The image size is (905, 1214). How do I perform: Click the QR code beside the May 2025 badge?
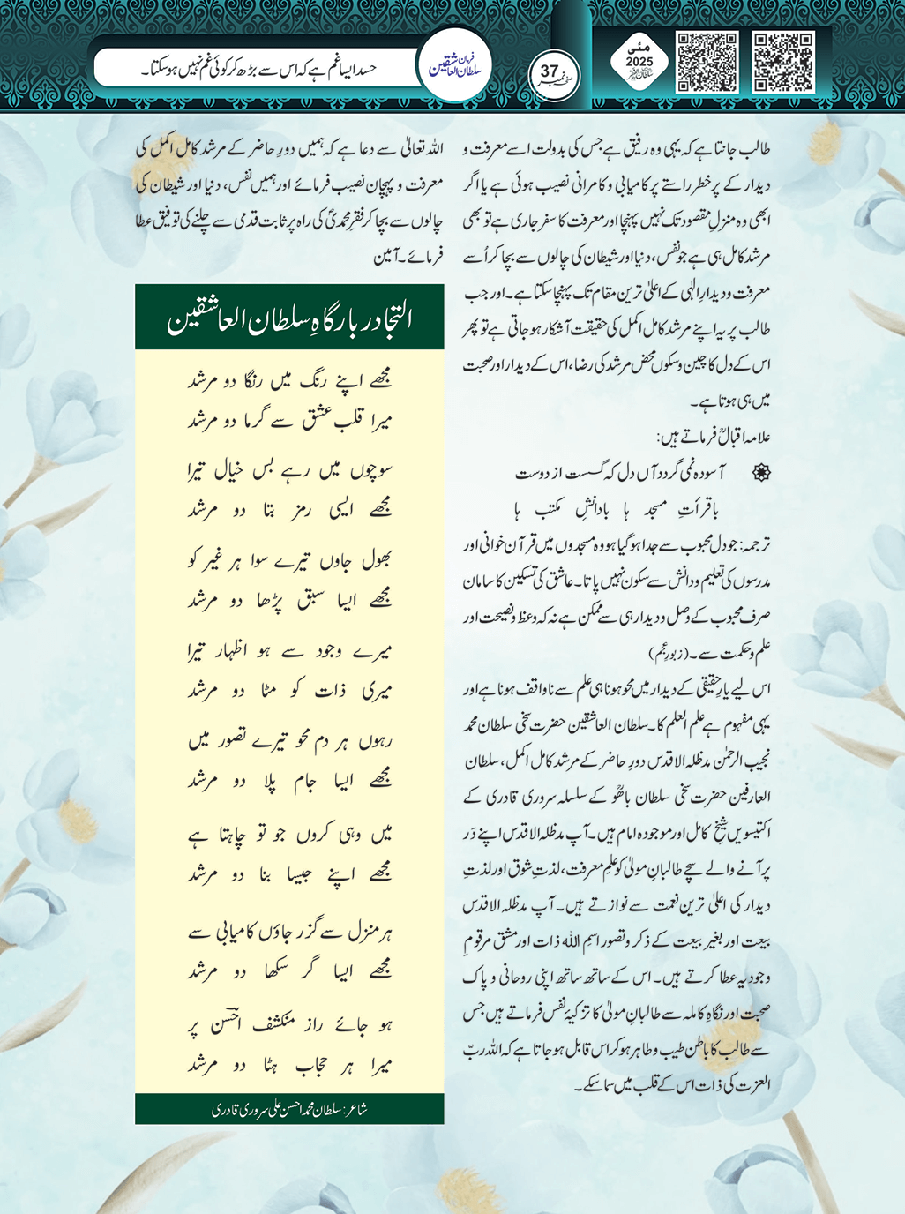click(x=707, y=63)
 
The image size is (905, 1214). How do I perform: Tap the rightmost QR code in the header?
click(x=783, y=63)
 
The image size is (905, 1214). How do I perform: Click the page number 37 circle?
click(x=551, y=74)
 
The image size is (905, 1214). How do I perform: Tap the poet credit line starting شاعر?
click(x=289, y=1109)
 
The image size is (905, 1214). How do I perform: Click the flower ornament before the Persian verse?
click(x=759, y=474)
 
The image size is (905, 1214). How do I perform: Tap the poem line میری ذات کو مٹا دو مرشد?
click(x=289, y=691)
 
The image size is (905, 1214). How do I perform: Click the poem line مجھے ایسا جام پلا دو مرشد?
click(x=289, y=781)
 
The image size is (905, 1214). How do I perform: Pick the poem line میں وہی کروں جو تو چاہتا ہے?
click(x=289, y=834)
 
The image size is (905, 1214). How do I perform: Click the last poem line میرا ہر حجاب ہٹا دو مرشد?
click(x=289, y=1065)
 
